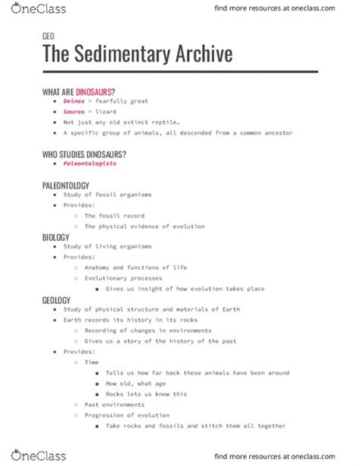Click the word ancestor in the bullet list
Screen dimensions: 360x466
(276, 133)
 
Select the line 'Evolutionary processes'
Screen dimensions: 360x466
(123, 278)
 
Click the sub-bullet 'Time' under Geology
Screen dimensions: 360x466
(91, 363)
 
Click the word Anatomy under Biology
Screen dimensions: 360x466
(99, 268)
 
